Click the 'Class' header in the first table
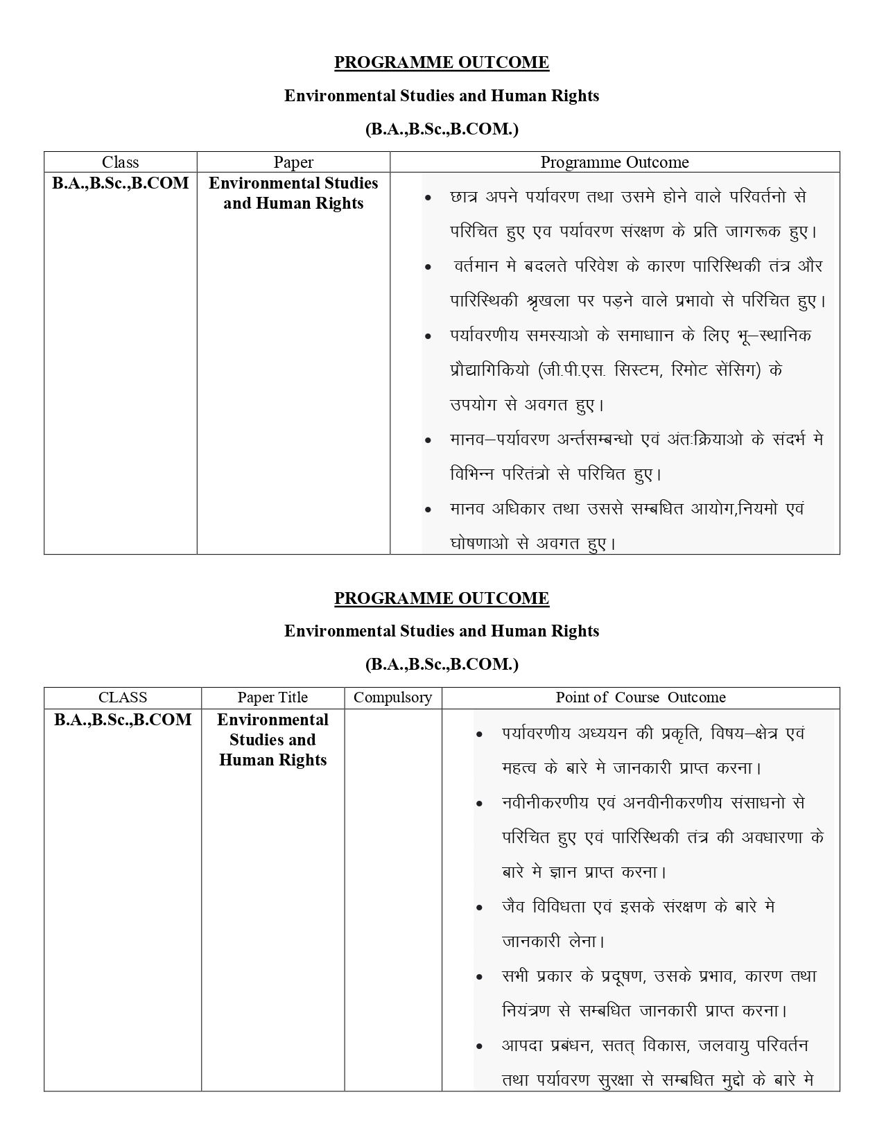[x=120, y=162]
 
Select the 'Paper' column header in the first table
[x=293, y=162]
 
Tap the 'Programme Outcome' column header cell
[x=614, y=162]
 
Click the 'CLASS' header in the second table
[x=123, y=697]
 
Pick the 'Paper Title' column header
[x=272, y=697]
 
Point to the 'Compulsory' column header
[x=392, y=697]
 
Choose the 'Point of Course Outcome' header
[x=641, y=697]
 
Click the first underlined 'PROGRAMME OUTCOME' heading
[x=442, y=62]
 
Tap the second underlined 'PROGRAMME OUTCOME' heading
[x=442, y=598]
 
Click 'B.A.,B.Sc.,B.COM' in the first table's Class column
[x=121, y=183]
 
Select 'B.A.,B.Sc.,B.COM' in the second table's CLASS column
[x=123, y=720]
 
